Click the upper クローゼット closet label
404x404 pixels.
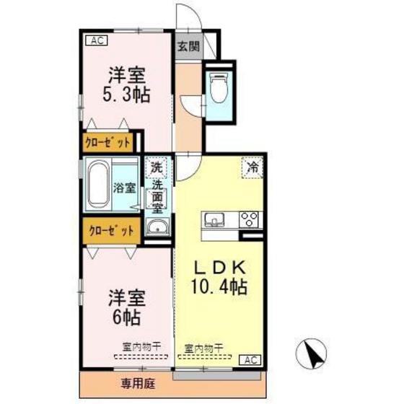(x=108, y=141)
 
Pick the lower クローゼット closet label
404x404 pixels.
(x=110, y=232)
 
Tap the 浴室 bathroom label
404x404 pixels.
(x=125, y=188)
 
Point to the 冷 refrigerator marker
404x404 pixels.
(x=253, y=168)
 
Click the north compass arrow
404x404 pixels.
(x=312, y=354)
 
